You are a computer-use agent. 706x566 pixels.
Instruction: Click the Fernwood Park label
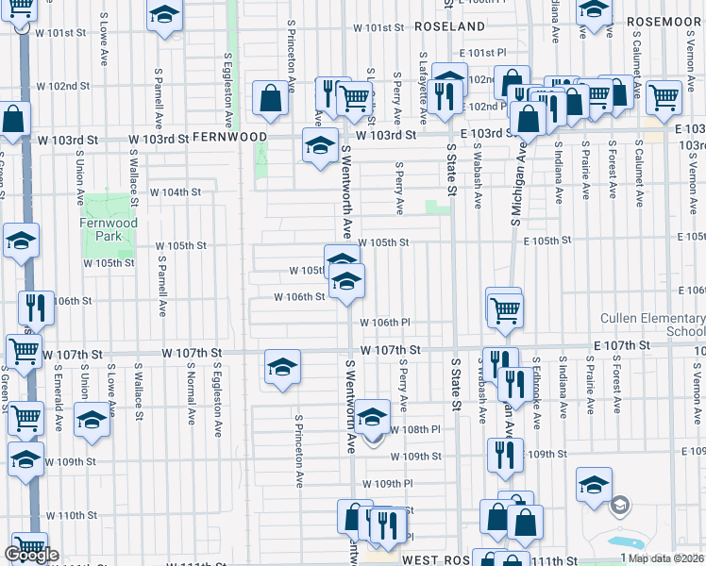coord(109,230)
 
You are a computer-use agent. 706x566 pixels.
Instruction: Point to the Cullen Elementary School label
coord(652,325)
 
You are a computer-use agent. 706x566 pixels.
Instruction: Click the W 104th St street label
coord(176,191)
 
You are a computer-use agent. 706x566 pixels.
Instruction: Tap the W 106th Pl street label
coord(384,323)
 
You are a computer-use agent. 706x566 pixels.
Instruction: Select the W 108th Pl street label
coord(415,429)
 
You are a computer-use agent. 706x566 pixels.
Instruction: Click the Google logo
coord(31,555)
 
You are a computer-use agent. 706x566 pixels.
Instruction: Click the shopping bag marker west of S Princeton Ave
coord(271,97)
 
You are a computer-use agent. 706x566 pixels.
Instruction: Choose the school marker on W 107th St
coord(282,367)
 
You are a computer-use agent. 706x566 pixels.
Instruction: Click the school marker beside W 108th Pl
coord(373,415)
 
